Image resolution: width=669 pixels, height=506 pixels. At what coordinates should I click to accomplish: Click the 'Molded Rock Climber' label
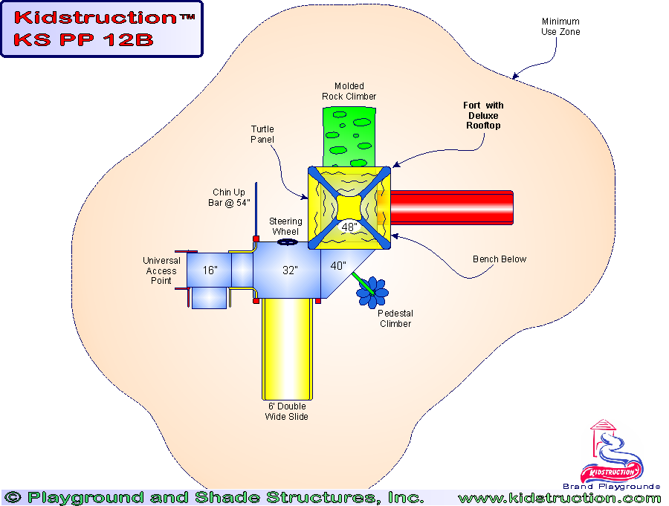[x=349, y=91]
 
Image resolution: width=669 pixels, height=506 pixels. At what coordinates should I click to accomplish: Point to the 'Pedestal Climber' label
[x=395, y=318]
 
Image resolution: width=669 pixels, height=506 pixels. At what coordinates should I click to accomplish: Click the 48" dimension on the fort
[x=349, y=227]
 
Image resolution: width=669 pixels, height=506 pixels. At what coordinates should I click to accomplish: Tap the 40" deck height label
[x=338, y=266]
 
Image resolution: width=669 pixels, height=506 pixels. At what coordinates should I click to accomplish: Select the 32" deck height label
[x=290, y=270]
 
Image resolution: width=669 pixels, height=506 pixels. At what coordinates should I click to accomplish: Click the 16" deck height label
[x=210, y=270]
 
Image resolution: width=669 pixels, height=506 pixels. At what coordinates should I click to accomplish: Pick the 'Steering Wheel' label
[x=285, y=227]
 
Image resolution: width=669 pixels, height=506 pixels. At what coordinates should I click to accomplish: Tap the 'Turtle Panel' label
[x=262, y=134]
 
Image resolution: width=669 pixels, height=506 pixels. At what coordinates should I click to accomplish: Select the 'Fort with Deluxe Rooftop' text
[x=483, y=116]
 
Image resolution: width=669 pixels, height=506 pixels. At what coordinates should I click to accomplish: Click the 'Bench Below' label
[x=500, y=259]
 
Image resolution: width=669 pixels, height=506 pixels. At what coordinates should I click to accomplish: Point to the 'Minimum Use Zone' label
[x=560, y=27]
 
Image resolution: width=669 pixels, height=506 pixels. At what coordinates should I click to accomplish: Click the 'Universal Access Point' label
[x=161, y=270]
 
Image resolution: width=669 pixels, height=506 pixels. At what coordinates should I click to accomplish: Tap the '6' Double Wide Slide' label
[x=286, y=412]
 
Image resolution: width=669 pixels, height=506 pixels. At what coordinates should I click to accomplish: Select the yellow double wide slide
[x=286, y=349]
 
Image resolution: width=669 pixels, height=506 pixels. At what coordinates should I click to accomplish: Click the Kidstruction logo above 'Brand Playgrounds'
[x=612, y=453]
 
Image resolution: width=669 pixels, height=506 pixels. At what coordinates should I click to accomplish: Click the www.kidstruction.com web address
[x=559, y=498]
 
